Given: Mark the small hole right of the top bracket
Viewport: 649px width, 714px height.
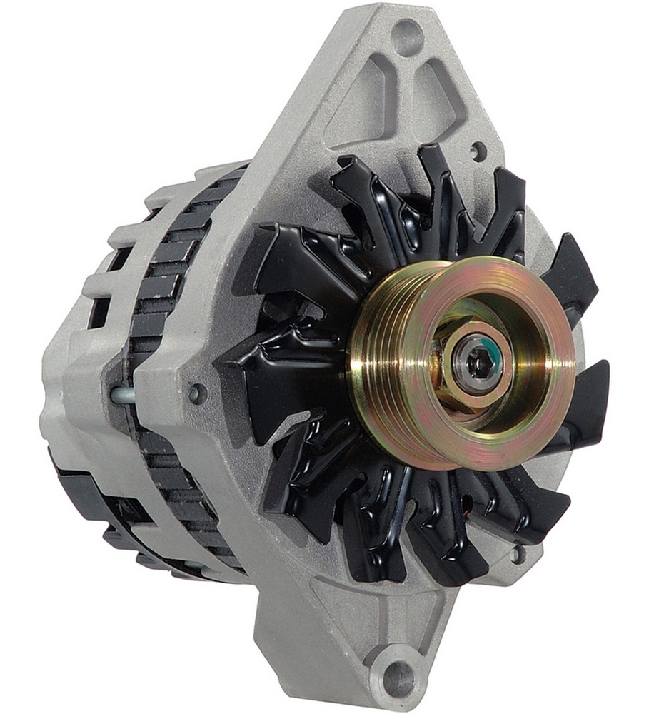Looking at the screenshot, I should point(478,151).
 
